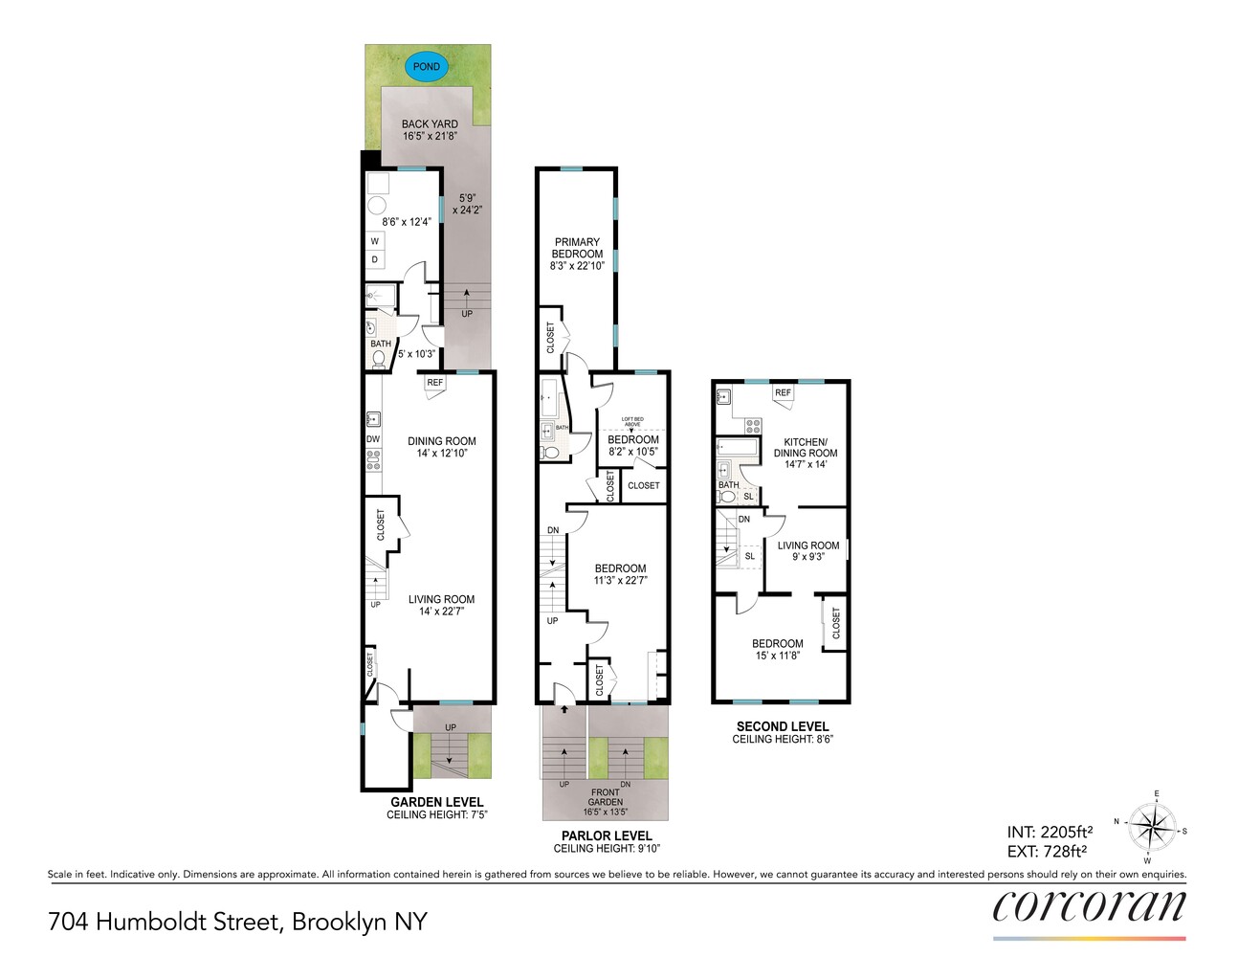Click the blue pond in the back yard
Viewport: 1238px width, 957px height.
click(x=426, y=66)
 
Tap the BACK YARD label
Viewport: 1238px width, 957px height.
click(x=430, y=123)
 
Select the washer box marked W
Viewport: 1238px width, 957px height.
click(x=375, y=241)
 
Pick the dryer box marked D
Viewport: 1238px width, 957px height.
click(x=375, y=259)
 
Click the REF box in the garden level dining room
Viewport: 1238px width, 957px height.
click(x=435, y=383)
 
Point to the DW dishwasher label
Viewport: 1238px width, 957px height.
click(x=373, y=439)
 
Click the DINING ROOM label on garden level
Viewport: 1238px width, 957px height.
click(x=441, y=441)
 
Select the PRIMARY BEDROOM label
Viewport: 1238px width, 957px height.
click(x=577, y=248)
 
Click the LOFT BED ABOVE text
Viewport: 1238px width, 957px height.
click(x=632, y=421)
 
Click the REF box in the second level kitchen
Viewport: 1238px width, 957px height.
click(x=783, y=392)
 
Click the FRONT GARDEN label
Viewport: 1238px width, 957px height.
click(x=605, y=797)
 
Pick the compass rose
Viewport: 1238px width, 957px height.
click(x=1151, y=826)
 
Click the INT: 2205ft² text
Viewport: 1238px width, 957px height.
click(x=1050, y=832)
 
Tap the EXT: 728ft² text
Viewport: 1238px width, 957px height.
click(x=1047, y=851)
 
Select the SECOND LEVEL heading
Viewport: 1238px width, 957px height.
click(x=782, y=726)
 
